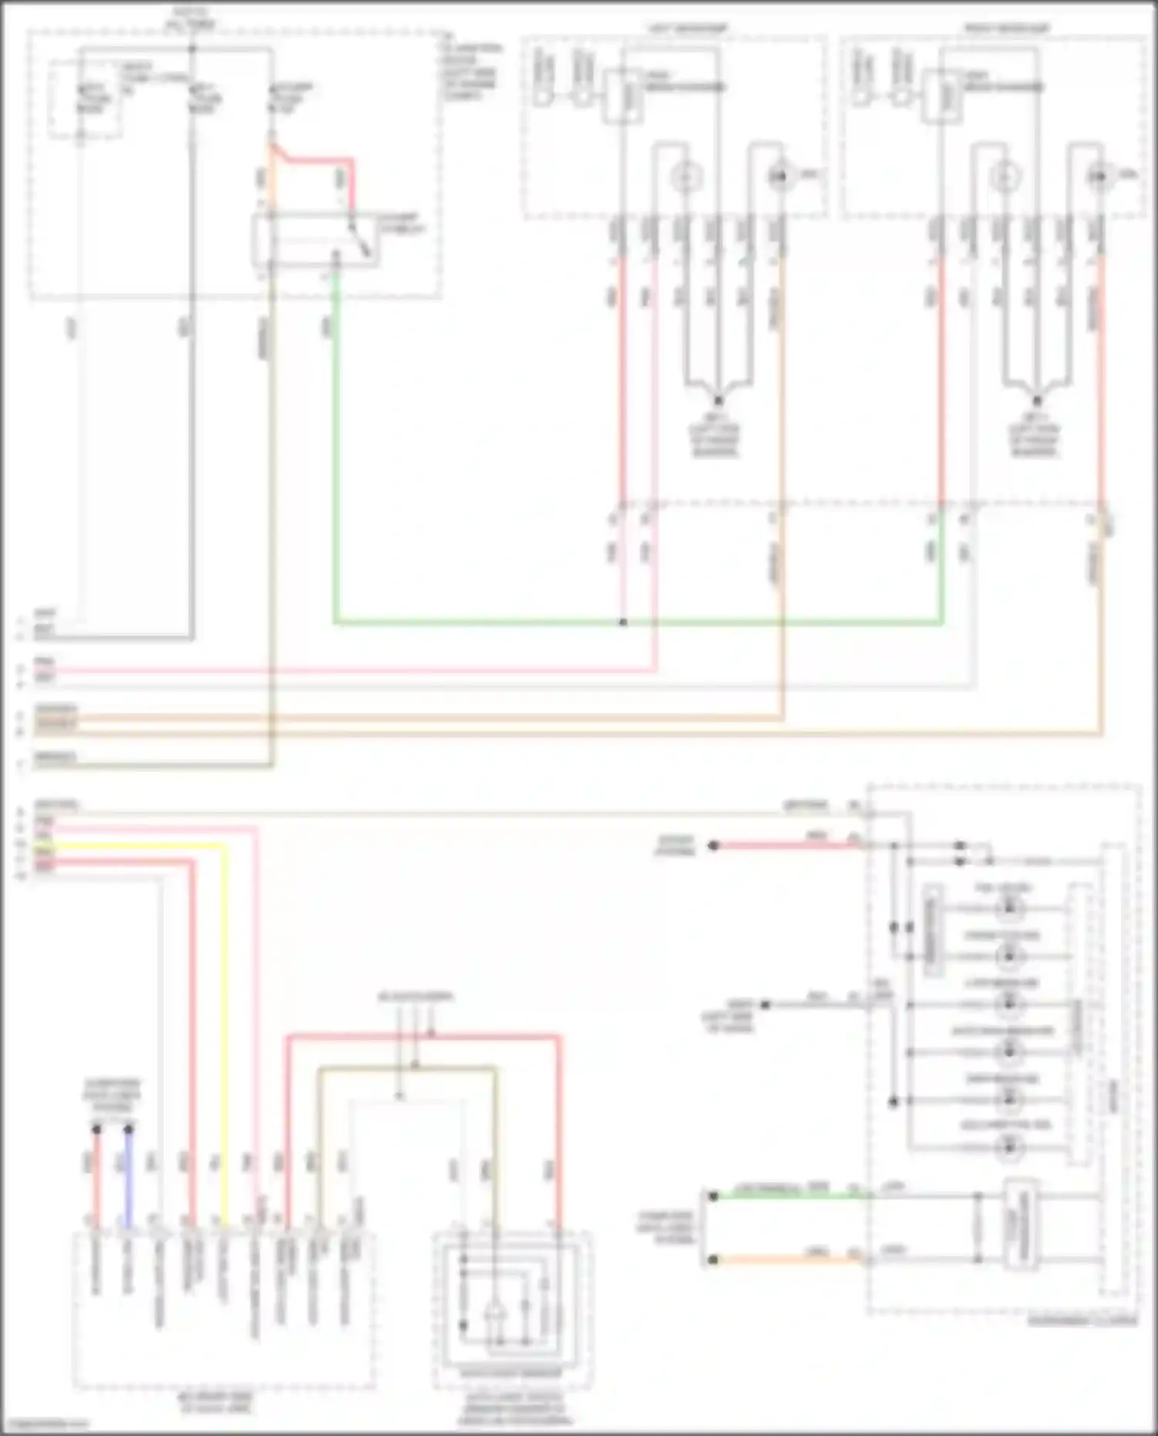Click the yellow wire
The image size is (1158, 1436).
point(224,1003)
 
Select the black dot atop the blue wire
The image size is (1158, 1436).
point(129,1129)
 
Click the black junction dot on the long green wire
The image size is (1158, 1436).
point(623,622)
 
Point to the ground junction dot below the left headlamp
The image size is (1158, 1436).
point(718,401)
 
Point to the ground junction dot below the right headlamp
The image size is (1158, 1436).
point(1037,401)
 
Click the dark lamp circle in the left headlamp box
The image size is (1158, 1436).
point(780,177)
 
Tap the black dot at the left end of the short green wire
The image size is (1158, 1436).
point(713,1196)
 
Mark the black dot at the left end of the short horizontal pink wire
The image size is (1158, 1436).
point(713,846)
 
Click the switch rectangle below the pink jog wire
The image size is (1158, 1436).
point(317,241)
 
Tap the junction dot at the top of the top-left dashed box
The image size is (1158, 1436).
point(193,49)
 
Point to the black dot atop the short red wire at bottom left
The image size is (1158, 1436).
point(96,1129)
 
